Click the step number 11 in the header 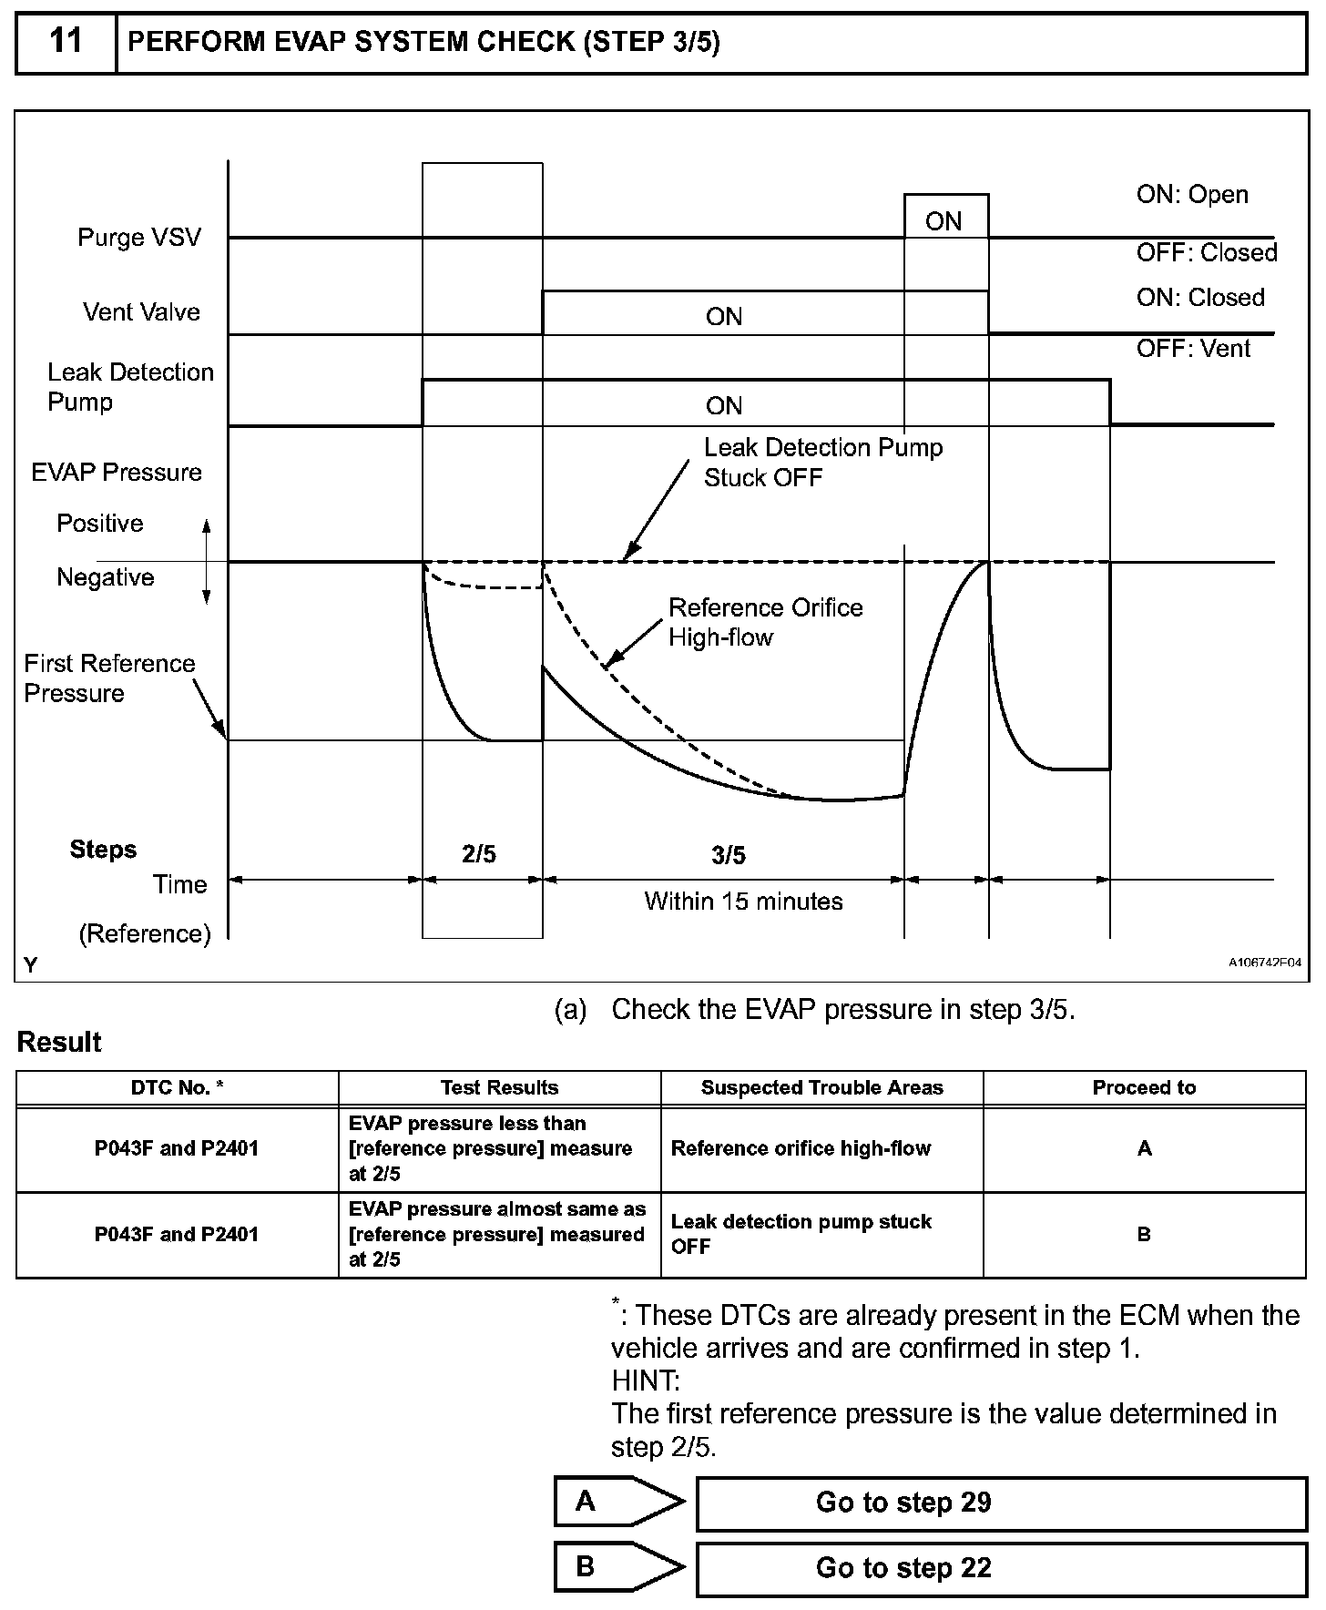pos(66,41)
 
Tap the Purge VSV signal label pos(139,238)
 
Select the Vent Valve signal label pos(141,312)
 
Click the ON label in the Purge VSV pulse pos(943,221)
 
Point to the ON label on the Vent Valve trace pos(724,317)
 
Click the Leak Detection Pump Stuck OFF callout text pos(823,463)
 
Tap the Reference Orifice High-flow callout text pos(766,622)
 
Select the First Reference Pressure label pos(109,678)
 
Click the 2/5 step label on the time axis pos(479,854)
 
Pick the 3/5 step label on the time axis pos(729,855)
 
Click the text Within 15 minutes pos(744,902)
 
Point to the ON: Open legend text pos(1192,195)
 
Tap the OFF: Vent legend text pos(1194,349)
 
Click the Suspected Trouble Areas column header pos(822,1087)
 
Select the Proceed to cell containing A pos(1145,1149)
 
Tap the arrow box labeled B pos(619,1567)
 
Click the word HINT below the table pos(646,1381)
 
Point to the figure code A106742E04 pos(1265,963)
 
